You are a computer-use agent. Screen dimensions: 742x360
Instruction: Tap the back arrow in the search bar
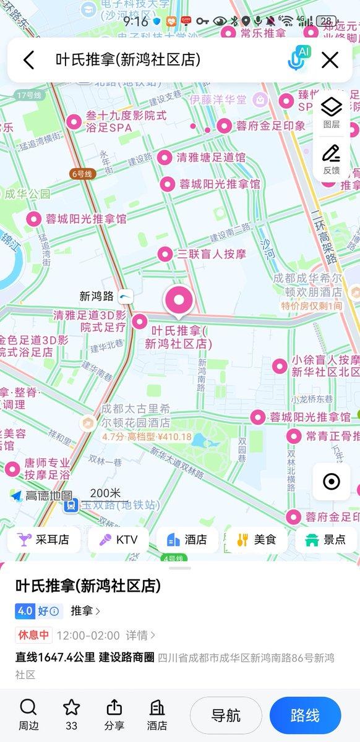coord(28,60)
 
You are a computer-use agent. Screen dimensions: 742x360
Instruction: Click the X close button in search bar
coord(330,60)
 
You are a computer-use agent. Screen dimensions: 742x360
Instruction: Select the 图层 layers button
coord(332,111)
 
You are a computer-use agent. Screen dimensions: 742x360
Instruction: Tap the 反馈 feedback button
coord(332,159)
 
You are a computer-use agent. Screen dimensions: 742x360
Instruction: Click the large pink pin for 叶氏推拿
coord(178,301)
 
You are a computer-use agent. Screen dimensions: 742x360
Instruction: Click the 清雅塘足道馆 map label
coord(210,157)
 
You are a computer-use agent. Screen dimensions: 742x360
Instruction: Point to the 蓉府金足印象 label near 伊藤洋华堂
coord(270,126)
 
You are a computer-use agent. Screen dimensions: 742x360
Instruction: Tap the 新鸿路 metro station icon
coord(126,296)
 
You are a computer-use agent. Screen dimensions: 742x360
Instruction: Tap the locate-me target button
coord(332,481)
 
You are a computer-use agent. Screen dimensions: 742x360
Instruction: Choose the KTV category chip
coord(118,540)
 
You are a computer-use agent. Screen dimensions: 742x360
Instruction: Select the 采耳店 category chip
coord(44,540)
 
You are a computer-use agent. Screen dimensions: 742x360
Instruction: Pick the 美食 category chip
coord(257,540)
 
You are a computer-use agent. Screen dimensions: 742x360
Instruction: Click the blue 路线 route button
coord(305,715)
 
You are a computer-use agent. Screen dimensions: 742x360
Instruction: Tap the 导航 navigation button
coord(226,715)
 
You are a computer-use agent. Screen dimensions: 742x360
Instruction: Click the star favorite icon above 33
coord(72,707)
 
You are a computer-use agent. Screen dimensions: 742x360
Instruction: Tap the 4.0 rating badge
coord(25,611)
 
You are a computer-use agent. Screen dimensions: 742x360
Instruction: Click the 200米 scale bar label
coord(105,493)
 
